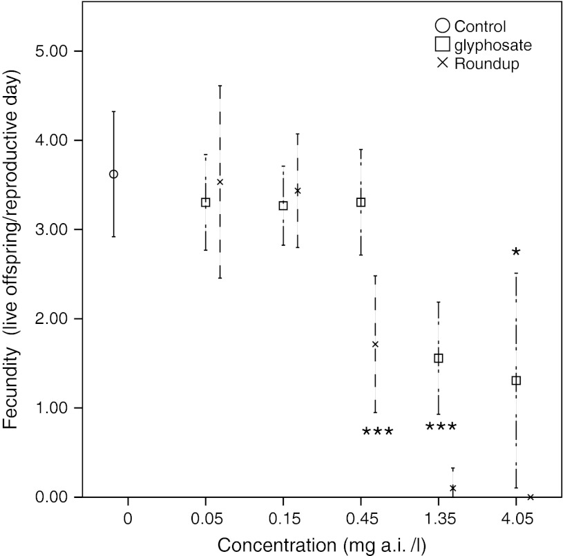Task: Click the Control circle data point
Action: [113, 174]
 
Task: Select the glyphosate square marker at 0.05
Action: [205, 202]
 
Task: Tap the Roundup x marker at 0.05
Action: [220, 182]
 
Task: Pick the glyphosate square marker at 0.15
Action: [283, 206]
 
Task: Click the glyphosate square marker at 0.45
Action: [361, 202]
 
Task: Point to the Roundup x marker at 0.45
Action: [375, 344]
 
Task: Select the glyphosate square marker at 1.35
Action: [438, 358]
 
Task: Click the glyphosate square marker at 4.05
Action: [515, 381]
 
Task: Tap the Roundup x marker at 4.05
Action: [531, 497]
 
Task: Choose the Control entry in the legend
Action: [470, 27]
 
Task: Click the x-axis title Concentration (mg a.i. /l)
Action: [322, 544]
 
